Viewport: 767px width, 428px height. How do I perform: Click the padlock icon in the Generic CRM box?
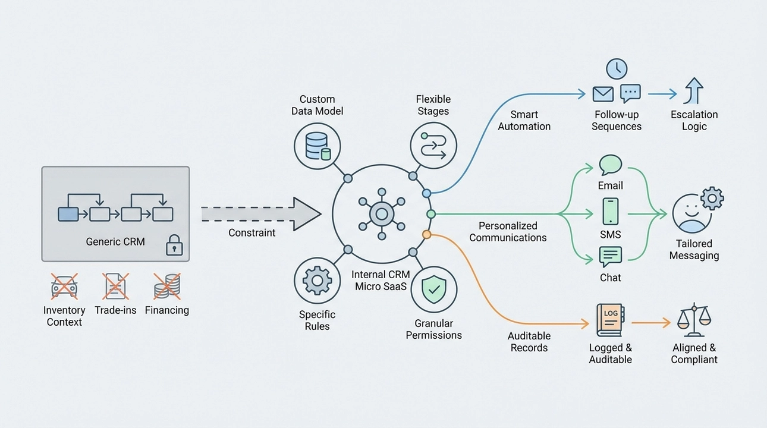[173, 246]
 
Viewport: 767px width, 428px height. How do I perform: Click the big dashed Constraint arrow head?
[307, 213]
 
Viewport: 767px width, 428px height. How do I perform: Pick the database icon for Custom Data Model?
[318, 146]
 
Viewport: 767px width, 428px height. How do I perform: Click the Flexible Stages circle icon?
[433, 146]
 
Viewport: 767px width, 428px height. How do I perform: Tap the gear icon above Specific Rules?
[318, 281]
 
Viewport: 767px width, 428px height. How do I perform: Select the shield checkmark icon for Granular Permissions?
[433, 289]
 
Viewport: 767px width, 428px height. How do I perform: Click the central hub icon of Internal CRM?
[381, 213]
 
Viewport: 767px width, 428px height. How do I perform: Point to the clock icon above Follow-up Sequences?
[617, 69]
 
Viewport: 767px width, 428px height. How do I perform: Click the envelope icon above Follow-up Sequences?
[603, 94]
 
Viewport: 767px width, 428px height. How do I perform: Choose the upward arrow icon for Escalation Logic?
[694, 92]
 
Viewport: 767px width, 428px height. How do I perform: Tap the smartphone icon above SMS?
[611, 211]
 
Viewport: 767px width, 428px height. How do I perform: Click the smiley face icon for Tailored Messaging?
[691, 213]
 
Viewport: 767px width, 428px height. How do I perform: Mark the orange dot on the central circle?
[426, 235]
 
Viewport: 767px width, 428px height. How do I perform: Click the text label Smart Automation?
[524, 120]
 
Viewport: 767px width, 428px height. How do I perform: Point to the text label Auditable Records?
[529, 342]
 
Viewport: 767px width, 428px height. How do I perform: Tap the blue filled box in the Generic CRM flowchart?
[68, 214]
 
